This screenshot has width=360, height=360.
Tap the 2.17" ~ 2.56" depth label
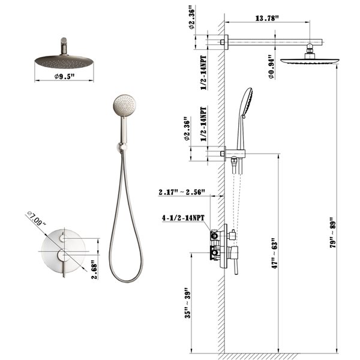tap(182, 193)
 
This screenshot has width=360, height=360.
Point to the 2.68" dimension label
tap(93, 266)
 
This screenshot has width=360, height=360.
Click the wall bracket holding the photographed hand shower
tap(123, 146)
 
